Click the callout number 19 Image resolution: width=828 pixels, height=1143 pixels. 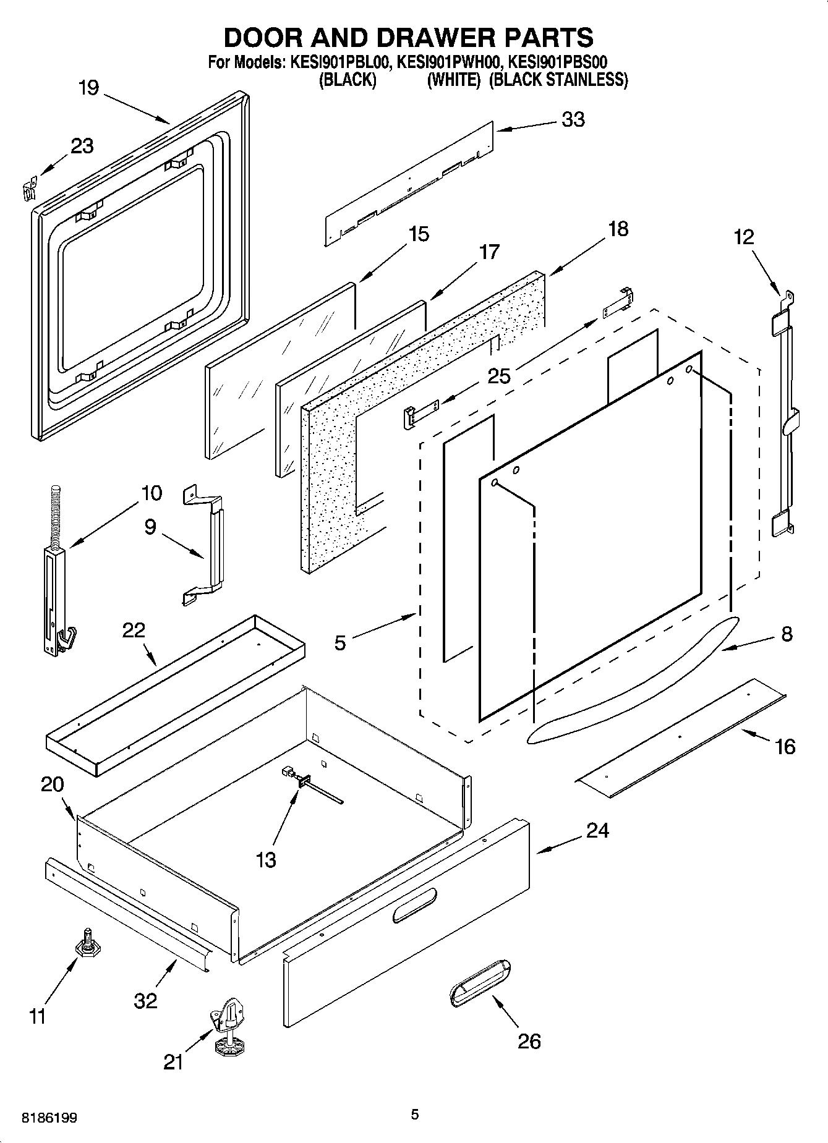click(88, 88)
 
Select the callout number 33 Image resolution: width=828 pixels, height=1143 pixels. click(573, 119)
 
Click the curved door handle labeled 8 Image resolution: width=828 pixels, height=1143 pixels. click(634, 680)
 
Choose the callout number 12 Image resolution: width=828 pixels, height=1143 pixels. click(745, 237)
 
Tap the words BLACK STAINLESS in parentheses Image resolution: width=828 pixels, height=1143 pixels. click(558, 80)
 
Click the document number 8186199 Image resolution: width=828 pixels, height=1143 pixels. click(49, 1118)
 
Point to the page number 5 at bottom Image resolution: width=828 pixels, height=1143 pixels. click(414, 1115)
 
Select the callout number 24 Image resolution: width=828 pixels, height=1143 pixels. click(597, 830)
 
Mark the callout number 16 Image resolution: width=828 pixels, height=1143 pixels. click(785, 747)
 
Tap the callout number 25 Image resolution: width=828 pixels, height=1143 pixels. click(499, 375)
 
